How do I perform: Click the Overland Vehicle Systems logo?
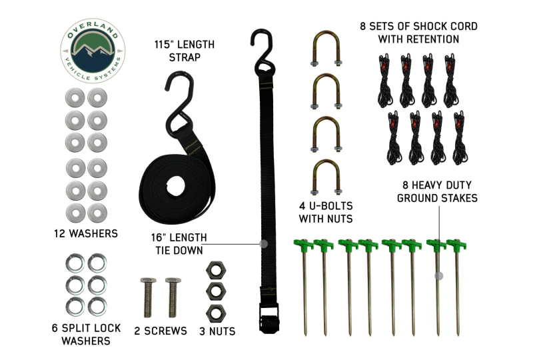pyautogui.click(x=93, y=51)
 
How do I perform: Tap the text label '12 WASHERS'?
pyautogui.click(x=86, y=233)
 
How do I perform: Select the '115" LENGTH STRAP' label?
pyautogui.click(x=185, y=51)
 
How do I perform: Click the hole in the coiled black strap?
pyautogui.click(x=176, y=186)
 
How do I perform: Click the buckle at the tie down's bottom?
pyautogui.click(x=269, y=317)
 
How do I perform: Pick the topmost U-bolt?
pyautogui.click(x=326, y=48)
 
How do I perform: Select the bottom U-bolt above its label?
pyautogui.click(x=326, y=177)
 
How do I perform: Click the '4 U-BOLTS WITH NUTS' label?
pyautogui.click(x=326, y=212)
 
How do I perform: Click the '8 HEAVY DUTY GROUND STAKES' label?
pyautogui.click(x=437, y=191)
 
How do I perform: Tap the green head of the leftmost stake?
pyautogui.click(x=303, y=244)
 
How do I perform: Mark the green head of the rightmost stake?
pyautogui.click(x=456, y=244)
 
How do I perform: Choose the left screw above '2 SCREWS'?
pyautogui.click(x=148, y=297)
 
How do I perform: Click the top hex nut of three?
pyautogui.click(x=216, y=271)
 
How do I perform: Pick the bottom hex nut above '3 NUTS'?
pyautogui.click(x=216, y=313)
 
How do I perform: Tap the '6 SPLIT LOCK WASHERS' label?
pyautogui.click(x=86, y=334)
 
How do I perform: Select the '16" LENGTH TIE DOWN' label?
pyautogui.click(x=179, y=243)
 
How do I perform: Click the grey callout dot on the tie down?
pyautogui.click(x=263, y=243)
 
